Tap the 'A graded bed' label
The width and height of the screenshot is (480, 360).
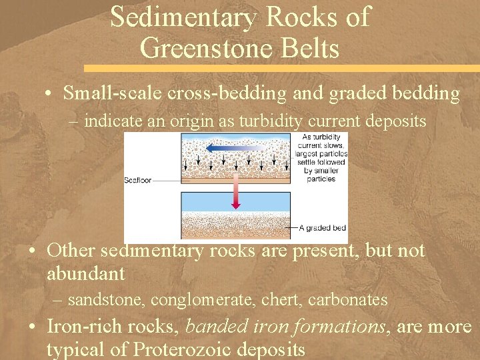pyautogui.click(x=323, y=229)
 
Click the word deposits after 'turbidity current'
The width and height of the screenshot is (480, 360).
pyautogui.click(x=394, y=121)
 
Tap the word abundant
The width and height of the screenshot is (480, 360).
pyautogui.click(x=85, y=274)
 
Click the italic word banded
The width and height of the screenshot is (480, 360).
pyautogui.click(x=213, y=327)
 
